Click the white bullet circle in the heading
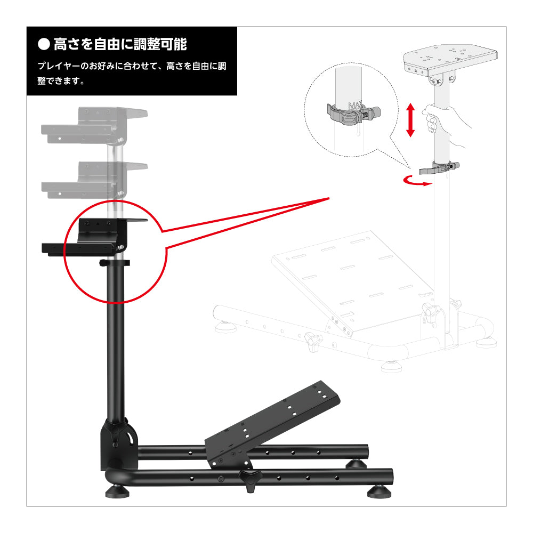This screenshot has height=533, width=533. (x=44, y=44)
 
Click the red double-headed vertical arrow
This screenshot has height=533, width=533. (x=410, y=120)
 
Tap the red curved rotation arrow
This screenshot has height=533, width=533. (x=417, y=182)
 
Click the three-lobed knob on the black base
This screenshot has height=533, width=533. (x=250, y=480)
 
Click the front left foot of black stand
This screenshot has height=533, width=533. (x=117, y=491)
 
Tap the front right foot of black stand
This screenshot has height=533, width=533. (x=379, y=492)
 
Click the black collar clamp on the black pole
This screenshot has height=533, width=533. (x=115, y=263)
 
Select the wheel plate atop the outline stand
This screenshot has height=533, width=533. (x=450, y=60)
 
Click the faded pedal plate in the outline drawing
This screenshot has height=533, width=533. (x=353, y=282)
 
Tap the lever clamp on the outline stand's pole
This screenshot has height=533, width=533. (x=439, y=167)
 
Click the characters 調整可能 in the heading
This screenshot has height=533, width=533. (x=160, y=45)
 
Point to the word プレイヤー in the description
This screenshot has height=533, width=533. (x=59, y=66)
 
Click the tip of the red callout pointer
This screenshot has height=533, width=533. (x=329, y=198)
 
